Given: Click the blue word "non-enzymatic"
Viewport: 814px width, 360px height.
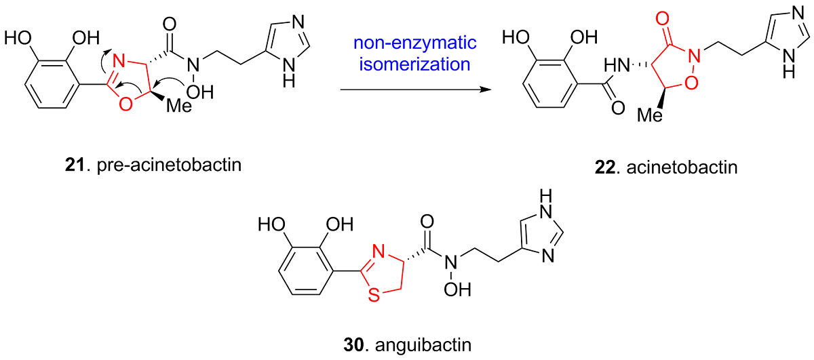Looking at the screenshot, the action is point(414,43).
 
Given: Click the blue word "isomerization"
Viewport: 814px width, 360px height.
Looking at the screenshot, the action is point(414,64).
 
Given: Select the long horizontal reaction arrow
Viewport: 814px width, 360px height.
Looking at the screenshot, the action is point(416,89).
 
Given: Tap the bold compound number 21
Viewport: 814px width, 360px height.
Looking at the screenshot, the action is point(75,165).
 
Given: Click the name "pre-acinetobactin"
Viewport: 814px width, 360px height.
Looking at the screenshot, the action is point(169,165).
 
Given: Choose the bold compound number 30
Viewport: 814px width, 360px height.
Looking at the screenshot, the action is point(353,344).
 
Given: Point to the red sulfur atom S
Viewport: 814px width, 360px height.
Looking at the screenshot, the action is point(374,295).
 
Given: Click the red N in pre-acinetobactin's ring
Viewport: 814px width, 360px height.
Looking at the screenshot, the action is point(119,60).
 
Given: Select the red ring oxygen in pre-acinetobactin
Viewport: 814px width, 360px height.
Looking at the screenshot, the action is point(125,104).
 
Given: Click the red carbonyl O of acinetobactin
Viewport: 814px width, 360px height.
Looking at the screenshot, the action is point(663,18).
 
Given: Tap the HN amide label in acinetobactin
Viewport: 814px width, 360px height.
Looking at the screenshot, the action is point(617,66).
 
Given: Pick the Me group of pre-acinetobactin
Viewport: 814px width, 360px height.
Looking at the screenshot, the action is point(179,106).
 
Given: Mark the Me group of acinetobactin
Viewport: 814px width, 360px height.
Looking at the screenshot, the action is point(650,115).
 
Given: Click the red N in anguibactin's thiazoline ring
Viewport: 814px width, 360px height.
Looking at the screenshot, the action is point(379,252).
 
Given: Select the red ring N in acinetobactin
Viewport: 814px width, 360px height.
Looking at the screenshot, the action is point(695,56).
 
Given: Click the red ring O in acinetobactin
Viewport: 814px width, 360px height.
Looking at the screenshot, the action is point(691,83).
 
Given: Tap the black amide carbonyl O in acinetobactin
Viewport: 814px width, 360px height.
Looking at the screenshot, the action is point(618,108).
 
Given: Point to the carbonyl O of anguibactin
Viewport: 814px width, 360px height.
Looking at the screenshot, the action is point(427,221).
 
